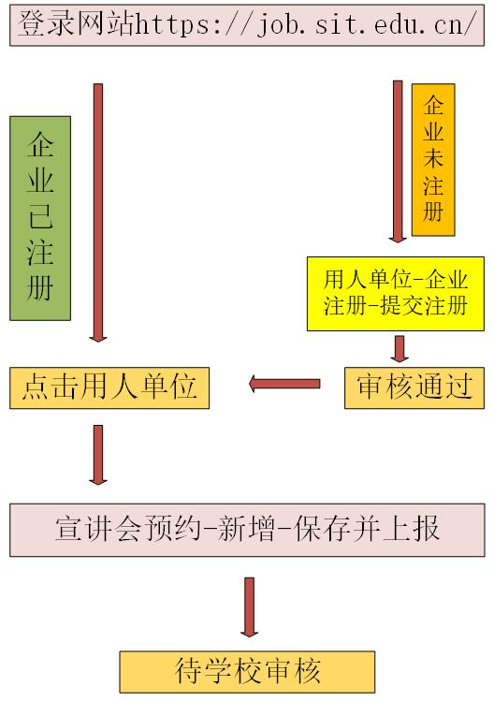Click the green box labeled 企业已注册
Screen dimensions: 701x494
(x=40, y=218)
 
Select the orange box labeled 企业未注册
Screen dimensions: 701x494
(x=432, y=159)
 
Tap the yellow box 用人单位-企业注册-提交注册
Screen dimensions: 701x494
(x=395, y=292)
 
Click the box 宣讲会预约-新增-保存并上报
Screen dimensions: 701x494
(x=247, y=530)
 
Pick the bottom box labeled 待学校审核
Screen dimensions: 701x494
(x=247, y=672)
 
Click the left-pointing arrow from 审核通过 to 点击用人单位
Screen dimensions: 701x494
(x=284, y=383)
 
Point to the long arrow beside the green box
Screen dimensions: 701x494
(x=98, y=213)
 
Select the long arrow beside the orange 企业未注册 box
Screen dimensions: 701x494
(x=398, y=162)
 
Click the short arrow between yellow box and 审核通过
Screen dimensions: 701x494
(x=400, y=347)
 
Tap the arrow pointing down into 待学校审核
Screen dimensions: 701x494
(x=249, y=606)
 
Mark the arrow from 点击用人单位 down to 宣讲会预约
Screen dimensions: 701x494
(x=98, y=454)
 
